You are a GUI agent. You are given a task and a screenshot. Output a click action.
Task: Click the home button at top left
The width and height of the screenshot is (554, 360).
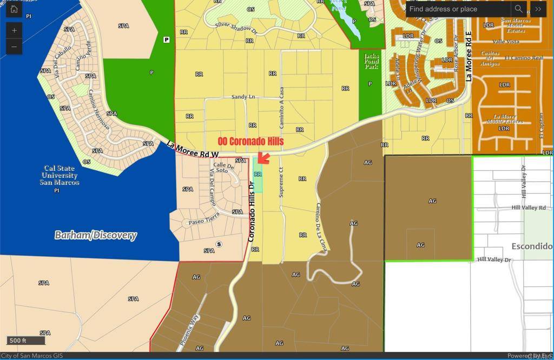click(14, 9)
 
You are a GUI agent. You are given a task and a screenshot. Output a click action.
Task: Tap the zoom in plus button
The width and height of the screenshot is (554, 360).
click(14, 30)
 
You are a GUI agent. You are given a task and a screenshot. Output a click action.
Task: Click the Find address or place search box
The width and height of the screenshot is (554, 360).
click(457, 9)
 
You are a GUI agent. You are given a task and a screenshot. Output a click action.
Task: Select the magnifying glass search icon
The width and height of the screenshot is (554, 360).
click(518, 9)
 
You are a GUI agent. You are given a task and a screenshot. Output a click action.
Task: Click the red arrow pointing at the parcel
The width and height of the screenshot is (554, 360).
click(263, 157)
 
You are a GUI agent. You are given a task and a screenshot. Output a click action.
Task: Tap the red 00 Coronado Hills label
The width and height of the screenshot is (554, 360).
click(250, 141)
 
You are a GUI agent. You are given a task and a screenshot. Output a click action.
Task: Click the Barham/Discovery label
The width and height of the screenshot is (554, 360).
click(96, 235)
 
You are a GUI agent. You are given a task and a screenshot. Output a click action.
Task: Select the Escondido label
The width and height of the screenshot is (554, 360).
click(532, 246)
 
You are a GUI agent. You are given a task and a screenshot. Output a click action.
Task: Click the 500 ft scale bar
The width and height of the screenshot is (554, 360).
click(25, 341)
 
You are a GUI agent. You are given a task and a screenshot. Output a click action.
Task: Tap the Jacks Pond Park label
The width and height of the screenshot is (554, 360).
click(371, 62)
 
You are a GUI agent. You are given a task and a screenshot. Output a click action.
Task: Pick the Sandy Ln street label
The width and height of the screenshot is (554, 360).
click(243, 97)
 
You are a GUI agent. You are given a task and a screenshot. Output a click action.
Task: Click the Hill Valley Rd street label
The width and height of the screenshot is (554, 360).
click(529, 208)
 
